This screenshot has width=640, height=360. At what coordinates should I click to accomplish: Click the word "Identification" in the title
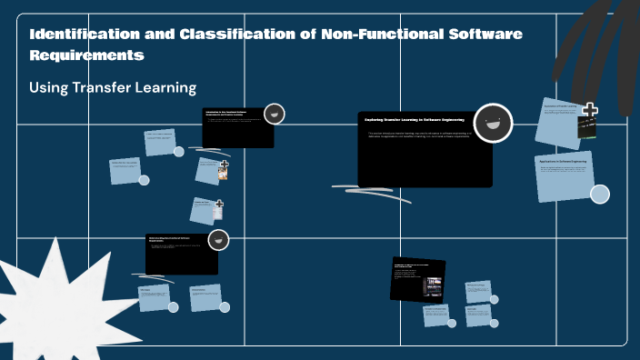[77, 35]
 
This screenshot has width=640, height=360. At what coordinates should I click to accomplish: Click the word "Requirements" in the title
[87, 55]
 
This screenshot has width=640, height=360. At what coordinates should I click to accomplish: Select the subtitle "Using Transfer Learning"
[113, 88]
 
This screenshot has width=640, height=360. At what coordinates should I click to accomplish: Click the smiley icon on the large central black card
[493, 123]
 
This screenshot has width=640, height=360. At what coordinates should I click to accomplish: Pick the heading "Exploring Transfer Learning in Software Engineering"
[415, 119]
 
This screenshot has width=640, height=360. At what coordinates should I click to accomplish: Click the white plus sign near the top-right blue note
[590, 111]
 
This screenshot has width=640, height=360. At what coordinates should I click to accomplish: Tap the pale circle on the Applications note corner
[599, 194]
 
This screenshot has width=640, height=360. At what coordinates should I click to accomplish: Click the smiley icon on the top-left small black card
[274, 114]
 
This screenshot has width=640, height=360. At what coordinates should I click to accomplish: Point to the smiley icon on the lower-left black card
[217, 240]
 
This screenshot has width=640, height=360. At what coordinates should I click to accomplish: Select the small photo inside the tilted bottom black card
[432, 285]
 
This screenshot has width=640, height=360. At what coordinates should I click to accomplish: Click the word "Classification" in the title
[222, 35]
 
